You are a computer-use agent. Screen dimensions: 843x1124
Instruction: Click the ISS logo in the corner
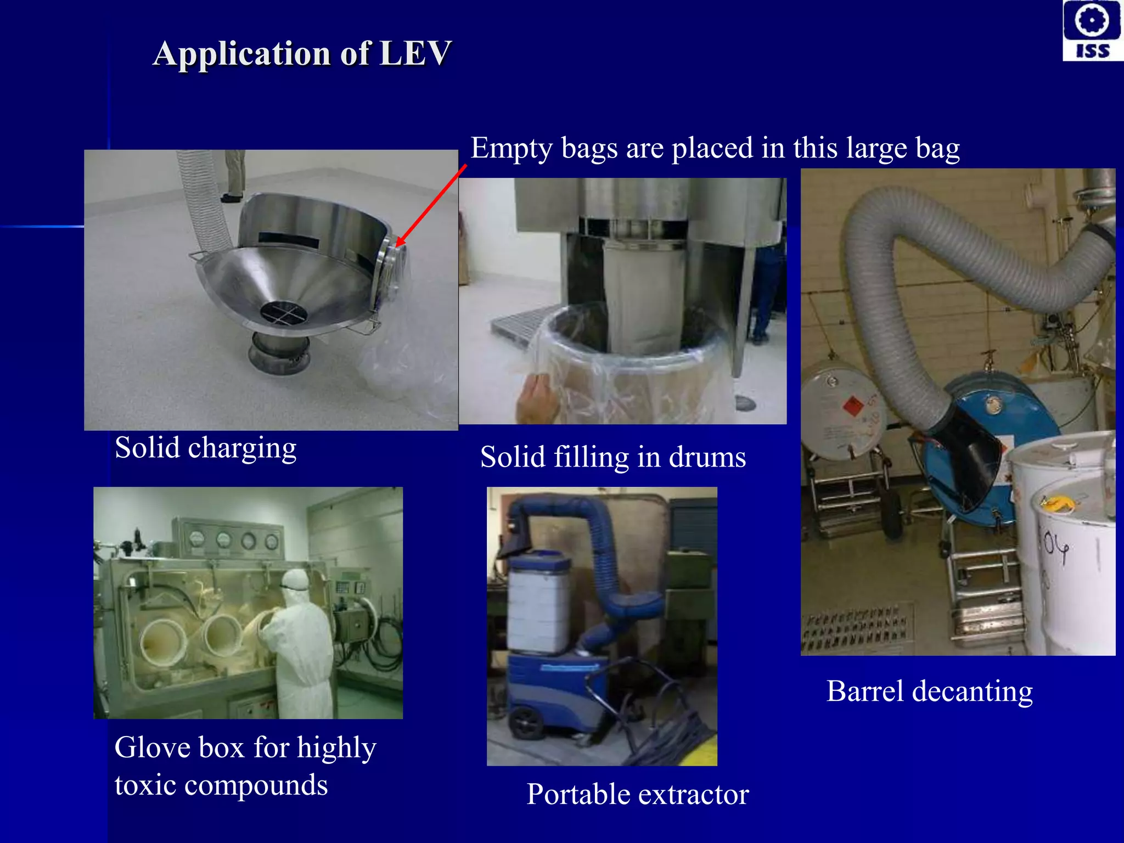coord(1092,30)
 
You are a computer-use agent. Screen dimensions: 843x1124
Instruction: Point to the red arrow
coord(431,205)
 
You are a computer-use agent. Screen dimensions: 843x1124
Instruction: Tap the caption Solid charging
coord(205,448)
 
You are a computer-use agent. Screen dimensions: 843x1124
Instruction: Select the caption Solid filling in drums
coord(612,457)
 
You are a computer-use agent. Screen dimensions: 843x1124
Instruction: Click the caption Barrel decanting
coord(929,691)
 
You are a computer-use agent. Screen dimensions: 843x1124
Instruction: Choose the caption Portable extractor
coord(637,794)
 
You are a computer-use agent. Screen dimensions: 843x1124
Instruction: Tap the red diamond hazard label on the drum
coord(852,407)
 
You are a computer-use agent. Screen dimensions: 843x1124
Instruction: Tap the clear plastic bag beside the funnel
coord(403,357)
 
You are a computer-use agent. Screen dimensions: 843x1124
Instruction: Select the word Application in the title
coord(242,54)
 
